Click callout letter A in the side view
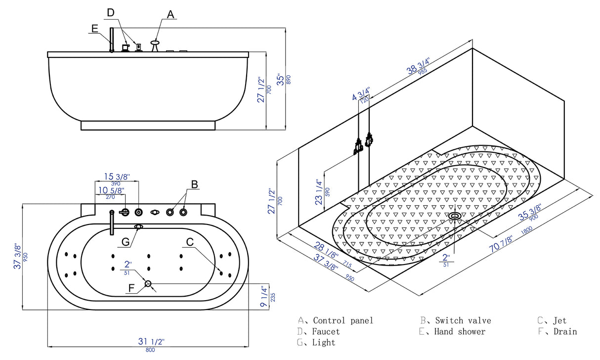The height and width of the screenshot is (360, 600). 171,14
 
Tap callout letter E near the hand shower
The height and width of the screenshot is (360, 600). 94,29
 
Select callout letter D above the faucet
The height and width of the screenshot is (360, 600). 111,12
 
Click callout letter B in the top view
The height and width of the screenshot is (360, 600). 195,184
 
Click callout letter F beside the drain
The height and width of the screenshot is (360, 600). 131,287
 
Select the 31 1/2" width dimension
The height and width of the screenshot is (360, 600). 151,342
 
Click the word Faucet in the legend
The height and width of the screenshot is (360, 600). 326,331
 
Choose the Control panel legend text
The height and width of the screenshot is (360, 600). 343,320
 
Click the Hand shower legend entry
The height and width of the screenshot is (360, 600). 460,331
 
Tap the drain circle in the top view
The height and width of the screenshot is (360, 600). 148,283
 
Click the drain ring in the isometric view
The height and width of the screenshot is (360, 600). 455,216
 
